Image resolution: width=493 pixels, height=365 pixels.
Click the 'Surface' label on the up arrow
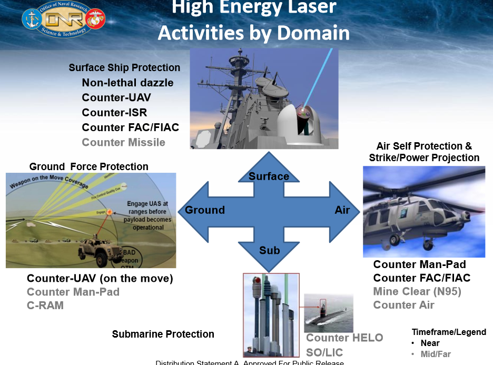pos(269,176)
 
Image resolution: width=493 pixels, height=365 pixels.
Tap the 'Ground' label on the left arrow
pos(205,210)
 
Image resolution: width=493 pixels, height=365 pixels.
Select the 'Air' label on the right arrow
pos(342,210)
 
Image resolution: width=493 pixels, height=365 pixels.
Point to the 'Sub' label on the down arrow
pos(269,250)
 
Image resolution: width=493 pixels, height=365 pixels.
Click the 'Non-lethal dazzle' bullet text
pos(127,83)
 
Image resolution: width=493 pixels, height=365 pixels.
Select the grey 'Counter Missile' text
pos(123,142)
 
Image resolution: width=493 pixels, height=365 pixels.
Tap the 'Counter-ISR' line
pos(114,112)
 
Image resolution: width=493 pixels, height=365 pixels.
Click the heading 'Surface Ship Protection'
pos(124,68)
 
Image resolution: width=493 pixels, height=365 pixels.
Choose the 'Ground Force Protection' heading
pos(88,166)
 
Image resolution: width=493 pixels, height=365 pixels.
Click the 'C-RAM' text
pos(45,305)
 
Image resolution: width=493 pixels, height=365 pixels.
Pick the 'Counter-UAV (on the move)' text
pos(100,278)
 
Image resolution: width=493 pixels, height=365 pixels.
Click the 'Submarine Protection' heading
pos(163,334)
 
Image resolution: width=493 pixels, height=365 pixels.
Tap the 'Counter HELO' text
pos(344,338)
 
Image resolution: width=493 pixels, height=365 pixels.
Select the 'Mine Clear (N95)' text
pos(417,291)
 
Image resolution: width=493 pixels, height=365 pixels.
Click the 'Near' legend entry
pos(430,343)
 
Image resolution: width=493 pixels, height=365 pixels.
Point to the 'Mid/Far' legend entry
pos(436,354)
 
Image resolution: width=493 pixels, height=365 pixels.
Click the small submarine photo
pos(328,313)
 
